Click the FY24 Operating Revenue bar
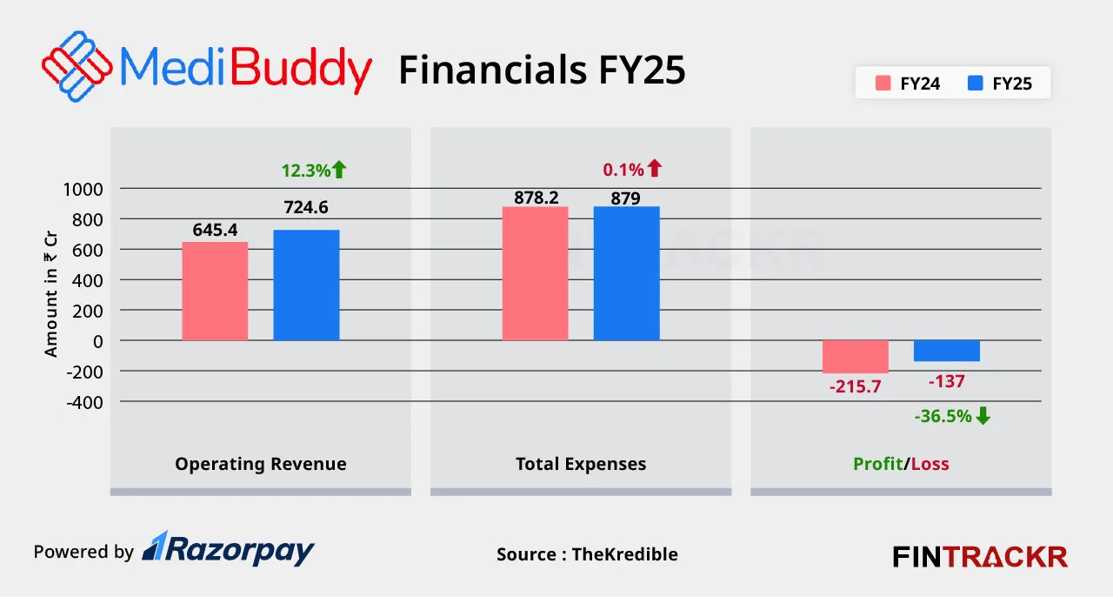tap(215, 291)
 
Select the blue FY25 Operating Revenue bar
tap(306, 285)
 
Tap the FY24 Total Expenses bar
tap(535, 273)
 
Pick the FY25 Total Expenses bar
tap(626, 273)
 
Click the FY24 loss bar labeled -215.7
tap(856, 357)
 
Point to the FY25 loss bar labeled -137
tap(946, 351)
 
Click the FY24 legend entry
tap(909, 84)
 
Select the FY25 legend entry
tap(1000, 84)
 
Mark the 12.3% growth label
tap(305, 171)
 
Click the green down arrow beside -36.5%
tap(983, 416)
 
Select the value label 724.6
tap(306, 208)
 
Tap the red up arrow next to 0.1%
tap(654, 169)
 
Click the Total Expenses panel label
tap(581, 464)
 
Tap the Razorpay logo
tap(228, 549)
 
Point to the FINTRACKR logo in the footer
tap(980, 556)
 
